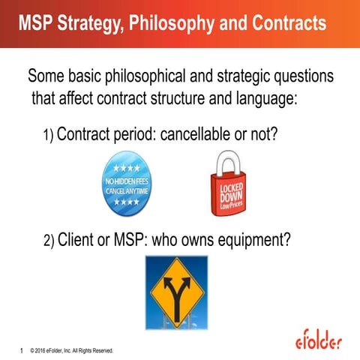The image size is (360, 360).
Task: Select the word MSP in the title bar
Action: tap(37, 24)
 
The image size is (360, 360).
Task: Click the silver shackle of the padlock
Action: tap(228, 163)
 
